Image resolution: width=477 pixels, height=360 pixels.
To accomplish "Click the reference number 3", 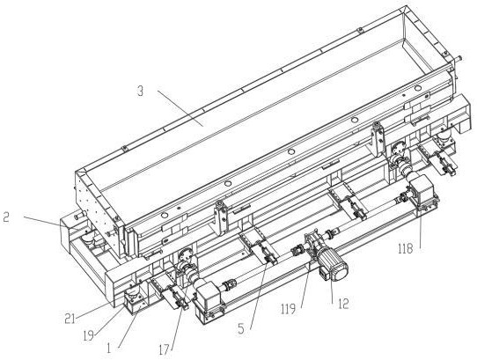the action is (140, 92).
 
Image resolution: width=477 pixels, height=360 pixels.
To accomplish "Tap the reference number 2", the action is (6, 217).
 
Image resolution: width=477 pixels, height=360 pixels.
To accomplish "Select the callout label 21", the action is (70, 319).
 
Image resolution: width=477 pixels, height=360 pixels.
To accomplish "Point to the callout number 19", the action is (88, 336).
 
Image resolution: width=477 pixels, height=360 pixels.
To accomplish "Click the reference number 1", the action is (109, 349).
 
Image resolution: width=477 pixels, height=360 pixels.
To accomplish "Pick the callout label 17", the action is (164, 350).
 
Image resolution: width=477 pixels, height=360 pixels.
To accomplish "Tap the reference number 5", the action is (241, 328).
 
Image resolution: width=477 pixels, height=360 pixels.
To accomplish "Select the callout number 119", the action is (288, 309).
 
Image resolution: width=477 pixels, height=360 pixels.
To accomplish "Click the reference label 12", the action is (343, 303).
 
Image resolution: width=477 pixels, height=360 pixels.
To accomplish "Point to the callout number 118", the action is (406, 248).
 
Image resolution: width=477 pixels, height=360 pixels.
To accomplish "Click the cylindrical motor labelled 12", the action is (333, 267).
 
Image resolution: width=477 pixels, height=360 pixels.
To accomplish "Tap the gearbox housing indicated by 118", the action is (422, 189).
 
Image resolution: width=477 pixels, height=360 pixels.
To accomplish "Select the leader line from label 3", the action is (180, 108).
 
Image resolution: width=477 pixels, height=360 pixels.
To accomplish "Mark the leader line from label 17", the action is (179, 320).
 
